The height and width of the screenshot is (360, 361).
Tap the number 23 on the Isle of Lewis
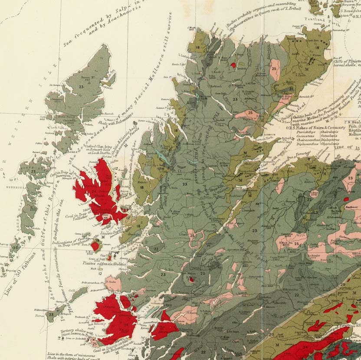point(81,86)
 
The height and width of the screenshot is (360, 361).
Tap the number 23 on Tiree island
point(52,314)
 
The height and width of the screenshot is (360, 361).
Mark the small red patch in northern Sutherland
point(233,65)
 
